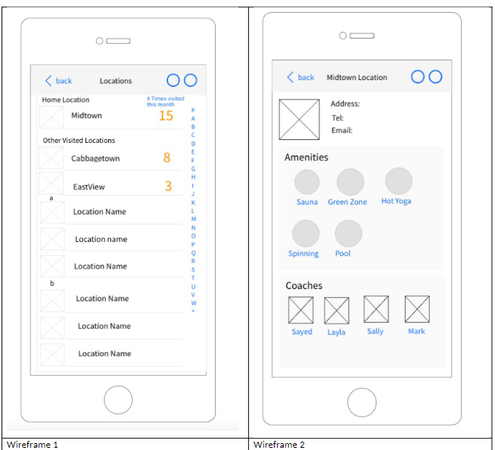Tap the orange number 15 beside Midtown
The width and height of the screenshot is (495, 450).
166,116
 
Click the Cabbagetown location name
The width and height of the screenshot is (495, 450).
95,158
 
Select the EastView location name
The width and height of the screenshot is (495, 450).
89,187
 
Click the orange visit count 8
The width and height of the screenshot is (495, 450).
167,157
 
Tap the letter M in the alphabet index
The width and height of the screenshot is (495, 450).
194,219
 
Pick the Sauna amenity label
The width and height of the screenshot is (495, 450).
307,202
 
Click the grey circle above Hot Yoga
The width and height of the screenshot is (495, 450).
399,181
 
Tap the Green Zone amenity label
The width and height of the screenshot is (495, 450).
347,202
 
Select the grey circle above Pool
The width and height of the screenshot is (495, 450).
348,234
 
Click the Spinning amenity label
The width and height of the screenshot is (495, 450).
304,253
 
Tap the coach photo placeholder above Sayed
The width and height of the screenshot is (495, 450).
300,310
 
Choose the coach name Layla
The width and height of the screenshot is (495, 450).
336,332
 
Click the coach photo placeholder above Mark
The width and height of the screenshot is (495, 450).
417,309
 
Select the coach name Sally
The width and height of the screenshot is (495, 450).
375,331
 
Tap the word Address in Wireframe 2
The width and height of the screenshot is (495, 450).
345,104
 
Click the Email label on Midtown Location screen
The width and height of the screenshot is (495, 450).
342,130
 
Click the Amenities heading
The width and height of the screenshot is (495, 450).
307,157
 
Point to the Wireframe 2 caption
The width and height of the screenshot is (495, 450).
279,445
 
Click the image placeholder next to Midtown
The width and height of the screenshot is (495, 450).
51,117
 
